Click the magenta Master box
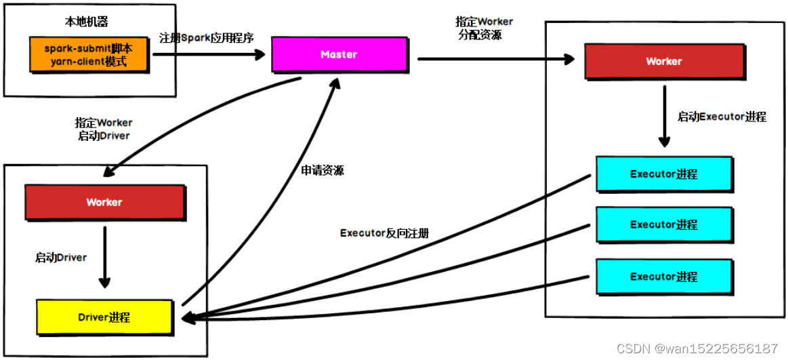pyautogui.click(x=339, y=54)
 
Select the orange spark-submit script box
pyautogui.click(x=88, y=54)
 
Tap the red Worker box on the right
pyautogui.click(x=663, y=62)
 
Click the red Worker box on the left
pyautogui.click(x=104, y=202)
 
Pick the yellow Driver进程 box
pyautogui.click(x=104, y=317)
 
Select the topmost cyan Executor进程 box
pyautogui.click(x=663, y=174)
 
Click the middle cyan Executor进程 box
pyautogui.click(x=663, y=224)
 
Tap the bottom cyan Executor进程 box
pyautogui.click(x=663, y=277)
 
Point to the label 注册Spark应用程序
pyautogui.click(x=207, y=38)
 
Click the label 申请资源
pyautogui.click(x=322, y=171)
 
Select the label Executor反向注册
pyautogui.click(x=384, y=233)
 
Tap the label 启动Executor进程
pyautogui.click(x=722, y=117)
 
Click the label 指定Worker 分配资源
pyautogui.click(x=484, y=28)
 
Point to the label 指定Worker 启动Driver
pyautogui.click(x=104, y=129)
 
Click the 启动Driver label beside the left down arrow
pyautogui.click(x=61, y=258)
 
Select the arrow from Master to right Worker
pyautogui.click(x=495, y=60)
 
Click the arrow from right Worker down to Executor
pyautogui.click(x=664, y=119)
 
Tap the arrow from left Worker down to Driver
pyautogui.click(x=104, y=256)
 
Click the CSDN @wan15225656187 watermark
pyautogui.click(x=698, y=348)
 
